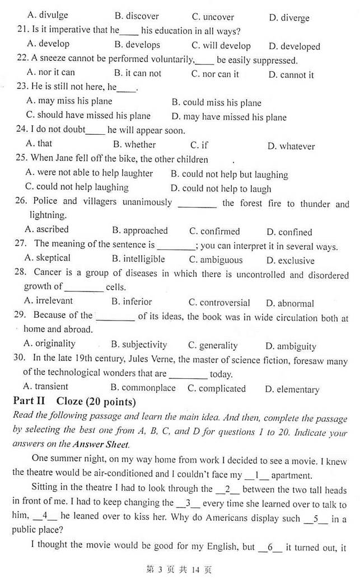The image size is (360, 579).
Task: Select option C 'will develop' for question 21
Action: (221, 46)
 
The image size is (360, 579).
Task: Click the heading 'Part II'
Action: (32, 402)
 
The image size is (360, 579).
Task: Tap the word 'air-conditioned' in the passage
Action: (122, 476)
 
